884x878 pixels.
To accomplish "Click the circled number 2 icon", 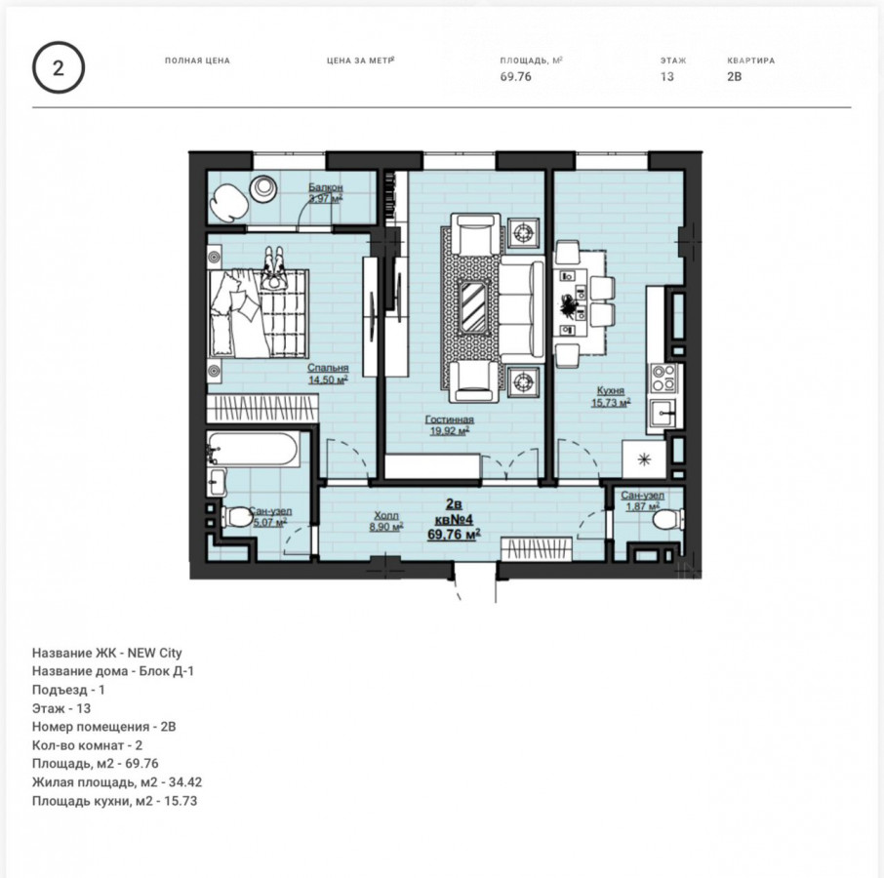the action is [59, 68].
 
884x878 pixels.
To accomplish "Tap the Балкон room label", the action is [325, 187].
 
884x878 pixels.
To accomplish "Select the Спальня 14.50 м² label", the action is [328, 374].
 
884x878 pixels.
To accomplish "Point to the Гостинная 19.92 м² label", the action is [449, 425].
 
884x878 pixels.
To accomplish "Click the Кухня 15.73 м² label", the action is [611, 396].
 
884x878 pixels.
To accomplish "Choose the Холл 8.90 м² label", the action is [386, 521].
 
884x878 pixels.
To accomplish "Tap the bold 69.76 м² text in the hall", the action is [454, 534].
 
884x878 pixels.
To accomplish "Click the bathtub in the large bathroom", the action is [252, 449].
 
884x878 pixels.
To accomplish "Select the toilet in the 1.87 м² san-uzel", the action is [668, 519].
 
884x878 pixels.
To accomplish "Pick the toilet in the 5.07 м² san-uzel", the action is [236, 517].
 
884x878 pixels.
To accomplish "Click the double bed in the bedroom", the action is [259, 313].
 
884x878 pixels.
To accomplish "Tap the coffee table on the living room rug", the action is [473, 306].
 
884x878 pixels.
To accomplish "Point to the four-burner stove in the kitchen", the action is [663, 378].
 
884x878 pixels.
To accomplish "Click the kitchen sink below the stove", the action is [663, 415].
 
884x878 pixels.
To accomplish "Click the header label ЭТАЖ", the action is [673, 60].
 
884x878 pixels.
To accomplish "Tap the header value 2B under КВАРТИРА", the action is [734, 77].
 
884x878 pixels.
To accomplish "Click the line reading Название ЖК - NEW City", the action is [107, 654].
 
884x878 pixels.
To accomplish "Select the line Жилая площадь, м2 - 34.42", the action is [117, 782].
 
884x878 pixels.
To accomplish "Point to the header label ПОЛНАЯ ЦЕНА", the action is [197, 60].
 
